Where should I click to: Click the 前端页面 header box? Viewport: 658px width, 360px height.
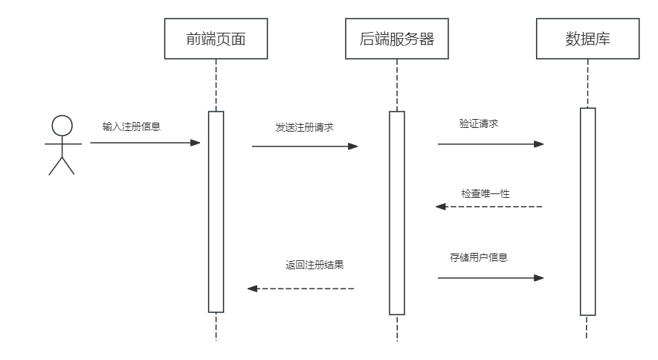pyautogui.click(x=216, y=39)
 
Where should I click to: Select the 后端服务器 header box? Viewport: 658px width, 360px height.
pyautogui.click(x=396, y=39)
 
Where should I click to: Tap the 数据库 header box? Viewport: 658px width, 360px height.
pyautogui.click(x=587, y=39)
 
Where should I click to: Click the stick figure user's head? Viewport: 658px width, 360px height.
pyautogui.click(x=62, y=125)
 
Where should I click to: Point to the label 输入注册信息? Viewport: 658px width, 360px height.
pyautogui.click(x=132, y=126)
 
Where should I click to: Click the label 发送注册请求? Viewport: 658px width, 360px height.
pyautogui.click(x=304, y=127)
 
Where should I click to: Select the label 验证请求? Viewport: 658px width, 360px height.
pyautogui.click(x=478, y=123)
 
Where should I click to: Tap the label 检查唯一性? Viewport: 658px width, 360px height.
pyautogui.click(x=485, y=193)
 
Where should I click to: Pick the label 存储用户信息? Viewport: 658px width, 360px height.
pyautogui.click(x=479, y=258)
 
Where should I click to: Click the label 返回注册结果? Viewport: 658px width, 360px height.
pyautogui.click(x=314, y=264)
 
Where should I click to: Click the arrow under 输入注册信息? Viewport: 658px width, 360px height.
pyautogui.click(x=145, y=142)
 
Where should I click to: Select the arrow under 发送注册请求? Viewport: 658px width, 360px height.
pyautogui.click(x=305, y=146)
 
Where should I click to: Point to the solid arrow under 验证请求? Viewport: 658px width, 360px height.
pyautogui.click(x=491, y=144)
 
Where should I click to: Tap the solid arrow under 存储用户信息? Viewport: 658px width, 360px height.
pyautogui.click(x=491, y=277)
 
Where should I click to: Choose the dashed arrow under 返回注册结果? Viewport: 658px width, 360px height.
pyautogui.click(x=300, y=288)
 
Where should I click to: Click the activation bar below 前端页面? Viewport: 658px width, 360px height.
pyautogui.click(x=216, y=212)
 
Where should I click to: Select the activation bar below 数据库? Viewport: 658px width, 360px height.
pyautogui.click(x=587, y=212)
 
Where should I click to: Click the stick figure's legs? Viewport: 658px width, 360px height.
pyautogui.click(x=62, y=165)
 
